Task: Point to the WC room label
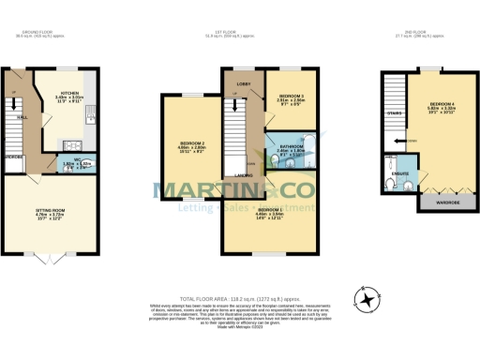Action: (68, 158)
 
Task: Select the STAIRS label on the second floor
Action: (394, 112)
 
